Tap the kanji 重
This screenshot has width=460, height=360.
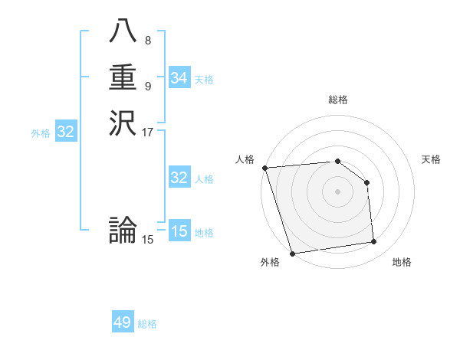click(123, 77)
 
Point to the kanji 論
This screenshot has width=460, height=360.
click(123, 231)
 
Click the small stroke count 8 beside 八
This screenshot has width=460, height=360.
click(148, 41)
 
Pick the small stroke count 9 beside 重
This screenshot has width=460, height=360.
click(148, 85)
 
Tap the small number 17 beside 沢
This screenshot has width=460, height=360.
click(148, 131)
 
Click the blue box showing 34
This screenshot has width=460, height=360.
click(179, 78)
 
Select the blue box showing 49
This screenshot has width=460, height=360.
click(123, 323)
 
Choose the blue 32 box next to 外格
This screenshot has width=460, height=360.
click(66, 132)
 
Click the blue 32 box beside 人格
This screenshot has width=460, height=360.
click(179, 178)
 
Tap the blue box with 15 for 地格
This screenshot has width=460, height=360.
click(179, 231)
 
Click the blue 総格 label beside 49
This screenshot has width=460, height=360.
click(148, 324)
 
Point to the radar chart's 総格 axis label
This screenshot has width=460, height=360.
click(337, 100)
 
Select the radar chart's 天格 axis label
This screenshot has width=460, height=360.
click(431, 159)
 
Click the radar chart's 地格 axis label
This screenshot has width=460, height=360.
click(402, 262)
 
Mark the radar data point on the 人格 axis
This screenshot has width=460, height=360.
click(264, 168)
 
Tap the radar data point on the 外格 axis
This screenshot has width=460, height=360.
click(292, 254)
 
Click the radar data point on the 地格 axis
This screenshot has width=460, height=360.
click(374, 242)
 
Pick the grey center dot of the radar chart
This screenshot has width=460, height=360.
click(337, 191)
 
